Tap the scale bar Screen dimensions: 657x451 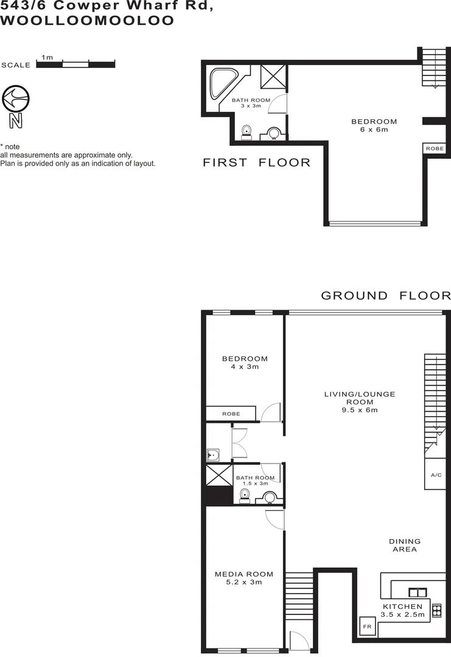75,64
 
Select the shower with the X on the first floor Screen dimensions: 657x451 273,76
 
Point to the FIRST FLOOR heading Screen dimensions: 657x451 256,162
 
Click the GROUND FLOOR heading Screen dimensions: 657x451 385,296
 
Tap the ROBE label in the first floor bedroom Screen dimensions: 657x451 435,148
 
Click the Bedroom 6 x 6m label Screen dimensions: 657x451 374,125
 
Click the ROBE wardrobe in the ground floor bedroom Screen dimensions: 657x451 231,414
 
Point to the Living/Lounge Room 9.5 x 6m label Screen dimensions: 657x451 368,401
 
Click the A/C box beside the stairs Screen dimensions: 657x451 436,475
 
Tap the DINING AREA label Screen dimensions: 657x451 405,545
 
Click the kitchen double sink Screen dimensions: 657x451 417,591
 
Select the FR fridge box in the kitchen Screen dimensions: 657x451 367,626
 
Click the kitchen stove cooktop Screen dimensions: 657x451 436,610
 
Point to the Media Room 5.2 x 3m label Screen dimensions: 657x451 243,578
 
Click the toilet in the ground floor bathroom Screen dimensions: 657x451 245,495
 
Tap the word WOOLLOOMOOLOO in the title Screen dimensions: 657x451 88,21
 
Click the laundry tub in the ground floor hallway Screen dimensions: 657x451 213,454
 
